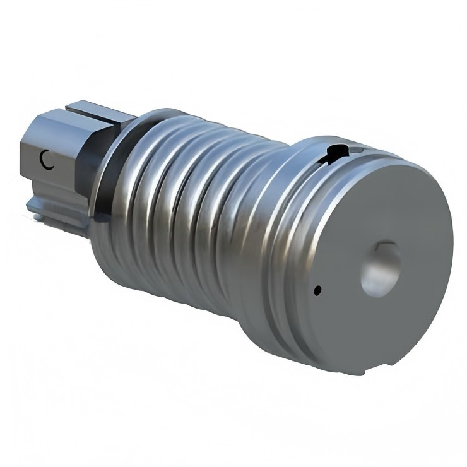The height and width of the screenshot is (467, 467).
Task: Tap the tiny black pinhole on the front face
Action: pos(317,290)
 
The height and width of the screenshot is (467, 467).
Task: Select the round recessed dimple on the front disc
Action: pos(381,269)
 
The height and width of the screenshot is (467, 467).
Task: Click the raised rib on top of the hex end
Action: pos(101,113)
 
